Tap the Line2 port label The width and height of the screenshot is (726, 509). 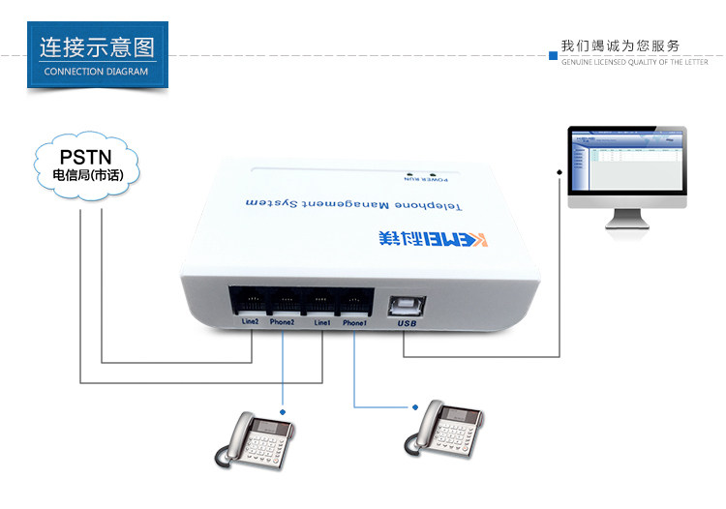(x=245, y=321)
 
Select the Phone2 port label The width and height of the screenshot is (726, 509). (x=284, y=321)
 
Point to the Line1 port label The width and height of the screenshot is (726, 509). (x=321, y=321)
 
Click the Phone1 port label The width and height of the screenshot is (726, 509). (x=354, y=321)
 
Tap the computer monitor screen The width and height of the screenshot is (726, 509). (x=626, y=164)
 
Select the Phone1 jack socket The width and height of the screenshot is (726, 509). (x=354, y=299)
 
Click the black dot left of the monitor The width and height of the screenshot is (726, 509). (x=560, y=173)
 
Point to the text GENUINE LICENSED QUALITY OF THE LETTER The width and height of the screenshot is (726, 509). (x=635, y=61)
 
